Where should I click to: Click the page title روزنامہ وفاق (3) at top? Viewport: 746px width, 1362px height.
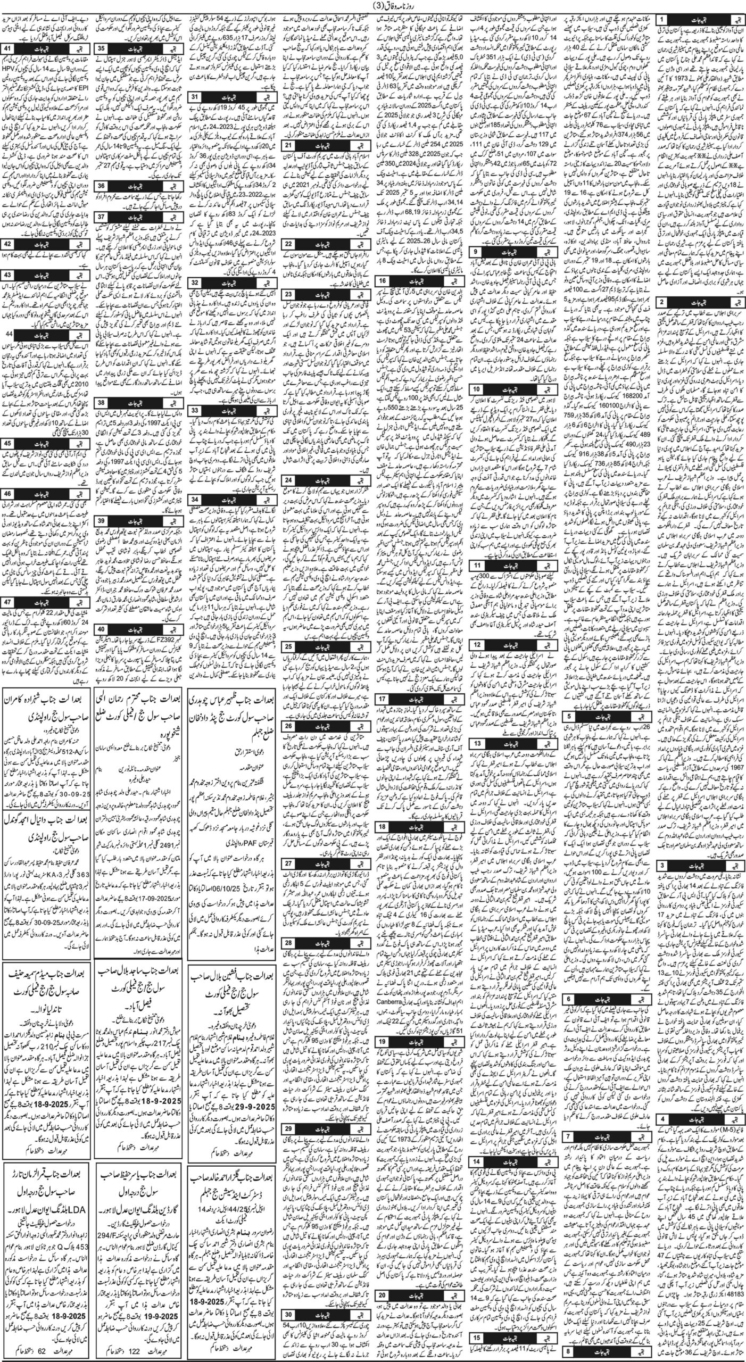pyautogui.click(x=372, y=7)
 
